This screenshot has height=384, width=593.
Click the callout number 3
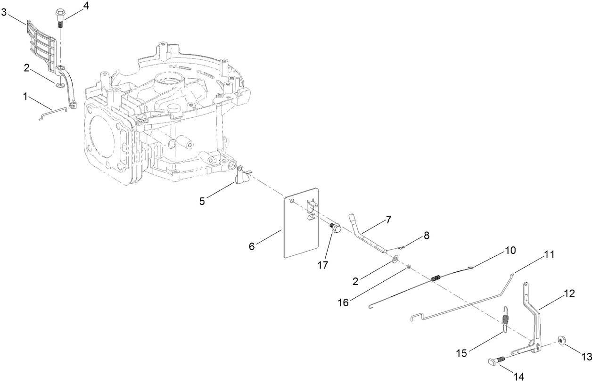pos(4,12)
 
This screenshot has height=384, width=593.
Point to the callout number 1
pos(25,97)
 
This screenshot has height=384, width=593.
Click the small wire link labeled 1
pos(52,114)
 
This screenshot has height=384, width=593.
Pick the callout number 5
pos(202,201)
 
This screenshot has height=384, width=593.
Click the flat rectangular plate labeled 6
pos(301,222)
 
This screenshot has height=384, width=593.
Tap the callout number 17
pos(323,265)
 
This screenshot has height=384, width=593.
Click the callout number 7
pos(388,220)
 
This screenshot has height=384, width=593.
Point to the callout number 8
pos(427,235)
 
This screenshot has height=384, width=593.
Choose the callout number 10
pos(511,250)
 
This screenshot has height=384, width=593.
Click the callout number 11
pos(549,254)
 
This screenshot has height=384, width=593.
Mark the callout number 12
pos(569,294)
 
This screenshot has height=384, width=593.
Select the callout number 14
pos(519,376)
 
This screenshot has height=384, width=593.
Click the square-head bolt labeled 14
pos(496,361)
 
